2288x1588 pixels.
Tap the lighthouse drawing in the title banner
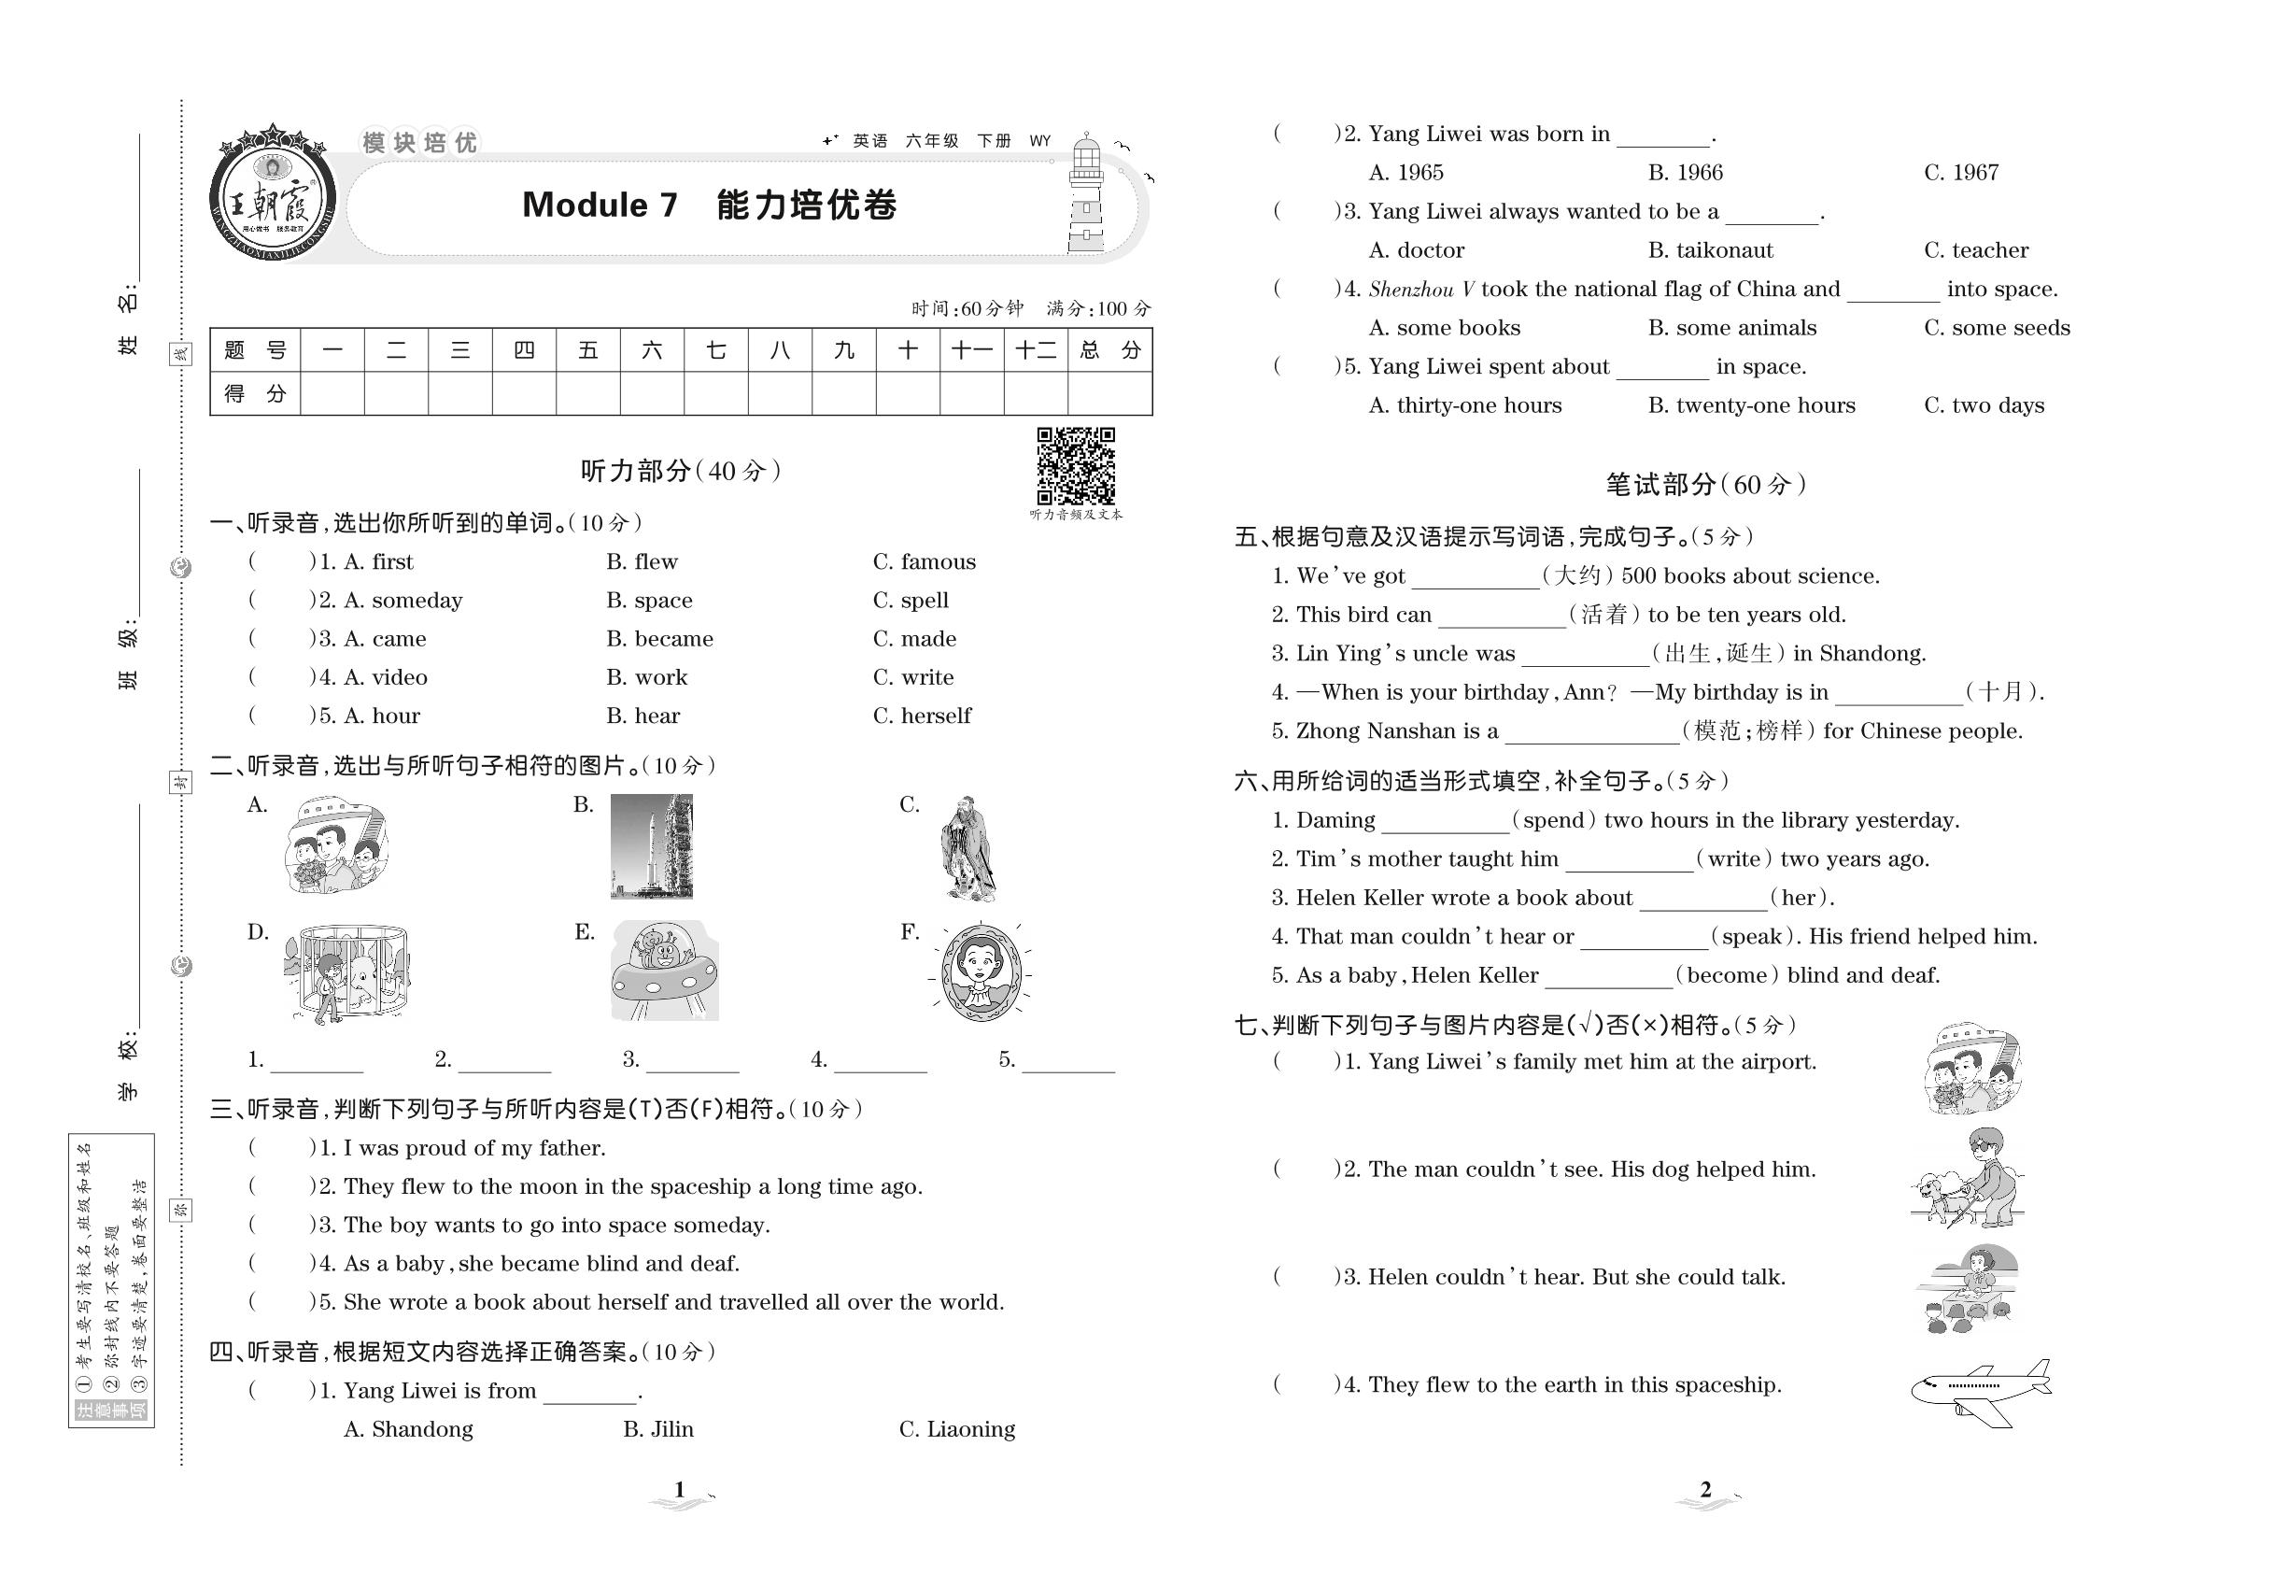point(1086,196)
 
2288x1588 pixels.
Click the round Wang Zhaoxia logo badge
point(273,194)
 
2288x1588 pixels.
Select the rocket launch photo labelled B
point(652,845)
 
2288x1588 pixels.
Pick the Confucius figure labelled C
point(967,848)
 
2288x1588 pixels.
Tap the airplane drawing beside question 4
point(1980,1392)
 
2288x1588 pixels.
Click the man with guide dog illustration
point(1967,1179)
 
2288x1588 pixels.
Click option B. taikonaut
point(1710,250)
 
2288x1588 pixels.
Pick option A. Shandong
point(408,1430)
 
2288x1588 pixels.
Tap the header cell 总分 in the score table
point(1109,350)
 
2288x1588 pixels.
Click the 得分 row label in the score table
point(255,394)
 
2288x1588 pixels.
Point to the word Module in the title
point(586,205)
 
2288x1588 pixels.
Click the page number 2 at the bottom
point(1705,1490)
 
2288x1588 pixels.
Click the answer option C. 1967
point(1961,173)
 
